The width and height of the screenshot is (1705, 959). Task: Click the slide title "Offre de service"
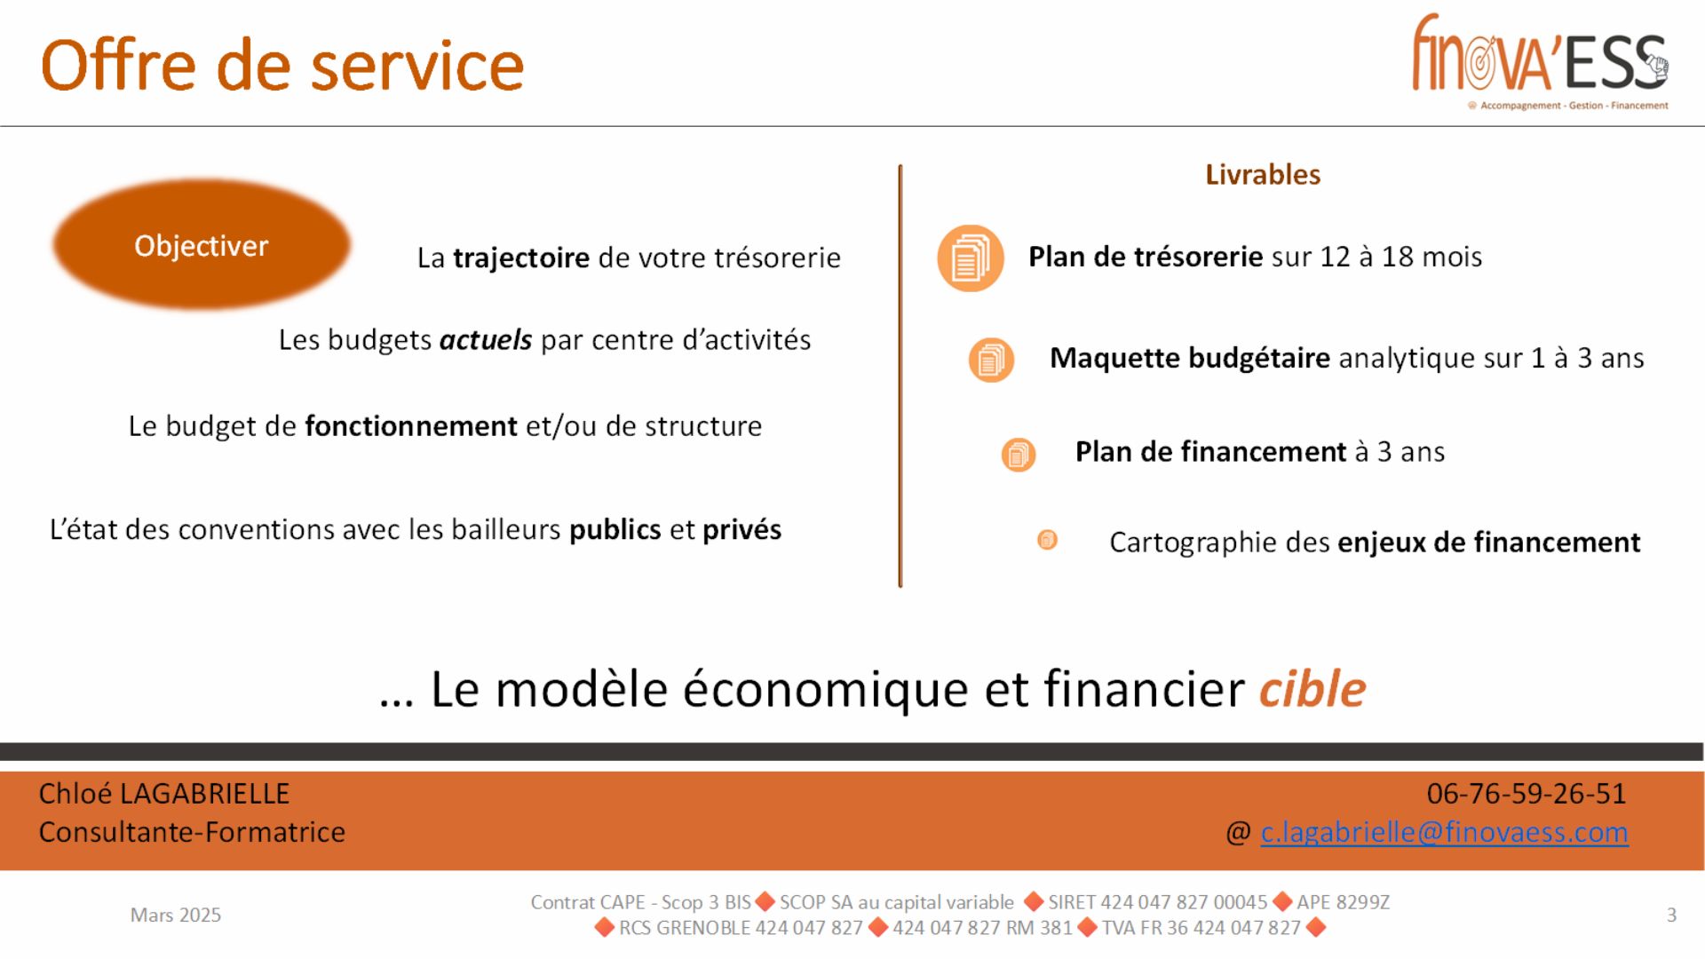pyautogui.click(x=282, y=66)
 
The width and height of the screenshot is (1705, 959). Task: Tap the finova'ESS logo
pyautogui.click(x=1541, y=60)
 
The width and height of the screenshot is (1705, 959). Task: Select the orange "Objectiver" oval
pyautogui.click(x=202, y=245)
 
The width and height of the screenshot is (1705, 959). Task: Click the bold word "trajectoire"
pyautogui.click(x=521, y=258)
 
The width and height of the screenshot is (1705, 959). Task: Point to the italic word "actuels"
pyautogui.click(x=486, y=340)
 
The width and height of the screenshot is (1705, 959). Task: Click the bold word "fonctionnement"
pyautogui.click(x=411, y=426)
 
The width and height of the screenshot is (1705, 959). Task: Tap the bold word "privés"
pyautogui.click(x=742, y=530)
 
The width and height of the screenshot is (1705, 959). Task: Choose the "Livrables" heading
pyautogui.click(x=1263, y=175)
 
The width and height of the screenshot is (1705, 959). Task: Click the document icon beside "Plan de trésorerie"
pyautogui.click(x=971, y=258)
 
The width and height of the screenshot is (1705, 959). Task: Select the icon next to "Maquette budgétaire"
pyautogui.click(x=991, y=360)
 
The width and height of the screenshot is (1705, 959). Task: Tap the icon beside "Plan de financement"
pyautogui.click(x=1019, y=455)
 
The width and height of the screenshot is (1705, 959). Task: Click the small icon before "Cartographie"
pyautogui.click(x=1048, y=540)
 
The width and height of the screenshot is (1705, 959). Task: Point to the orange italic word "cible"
pyautogui.click(x=1312, y=689)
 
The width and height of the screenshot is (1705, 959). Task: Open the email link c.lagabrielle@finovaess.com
pyautogui.click(x=1445, y=832)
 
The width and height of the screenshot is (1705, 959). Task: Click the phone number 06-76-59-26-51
pyautogui.click(x=1527, y=794)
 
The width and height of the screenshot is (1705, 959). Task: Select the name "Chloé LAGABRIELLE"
pyautogui.click(x=164, y=794)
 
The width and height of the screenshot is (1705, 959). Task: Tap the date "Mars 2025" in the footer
pyautogui.click(x=176, y=915)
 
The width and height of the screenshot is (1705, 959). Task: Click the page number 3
pyautogui.click(x=1671, y=915)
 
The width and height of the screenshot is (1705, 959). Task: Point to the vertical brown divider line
pyautogui.click(x=900, y=376)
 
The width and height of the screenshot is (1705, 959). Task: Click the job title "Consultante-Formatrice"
pyautogui.click(x=192, y=833)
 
